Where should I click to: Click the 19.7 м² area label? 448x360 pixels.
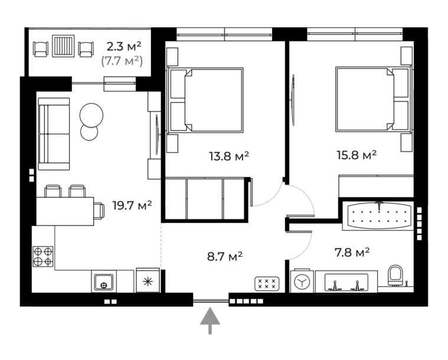[x=132, y=205]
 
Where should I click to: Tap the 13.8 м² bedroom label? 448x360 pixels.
[x=229, y=156]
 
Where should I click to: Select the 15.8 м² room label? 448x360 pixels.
[x=357, y=155]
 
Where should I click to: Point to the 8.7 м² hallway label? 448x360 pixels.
[x=225, y=256]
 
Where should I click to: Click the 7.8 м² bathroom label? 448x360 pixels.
[x=352, y=252]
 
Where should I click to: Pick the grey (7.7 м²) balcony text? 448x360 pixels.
[x=122, y=61]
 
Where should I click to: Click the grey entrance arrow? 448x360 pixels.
[x=210, y=320]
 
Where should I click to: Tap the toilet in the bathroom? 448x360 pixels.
[x=395, y=276]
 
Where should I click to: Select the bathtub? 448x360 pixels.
[x=378, y=215]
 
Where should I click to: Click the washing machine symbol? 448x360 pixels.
[x=302, y=282]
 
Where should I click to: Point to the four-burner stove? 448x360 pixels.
[x=43, y=257]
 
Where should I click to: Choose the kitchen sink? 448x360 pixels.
[x=104, y=282]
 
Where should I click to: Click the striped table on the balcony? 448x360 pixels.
[x=63, y=45]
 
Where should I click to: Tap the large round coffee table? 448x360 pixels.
[x=91, y=116]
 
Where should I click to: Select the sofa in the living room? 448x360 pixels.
[x=54, y=134]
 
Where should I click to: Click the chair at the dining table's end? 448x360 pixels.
[x=99, y=211]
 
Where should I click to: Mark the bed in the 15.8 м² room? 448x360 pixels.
[x=374, y=100]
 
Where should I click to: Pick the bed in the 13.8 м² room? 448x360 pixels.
[x=205, y=100]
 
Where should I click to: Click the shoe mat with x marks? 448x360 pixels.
[x=267, y=284]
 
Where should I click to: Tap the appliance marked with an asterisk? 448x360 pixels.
[x=148, y=281]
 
